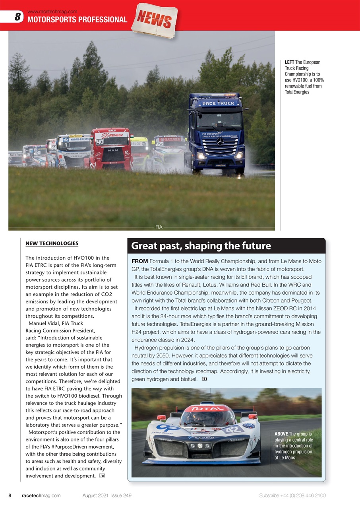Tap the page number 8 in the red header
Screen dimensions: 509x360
click(x=17, y=17)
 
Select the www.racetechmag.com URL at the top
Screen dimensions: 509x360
click(x=52, y=12)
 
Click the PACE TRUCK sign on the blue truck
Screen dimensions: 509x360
click(x=218, y=103)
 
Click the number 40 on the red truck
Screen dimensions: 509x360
click(x=99, y=142)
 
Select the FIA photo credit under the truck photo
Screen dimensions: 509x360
click(x=159, y=227)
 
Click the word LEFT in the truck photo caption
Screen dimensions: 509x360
click(x=289, y=62)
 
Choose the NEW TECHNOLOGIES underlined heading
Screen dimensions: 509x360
click(x=52, y=243)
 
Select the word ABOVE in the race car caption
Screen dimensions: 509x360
click(x=282, y=434)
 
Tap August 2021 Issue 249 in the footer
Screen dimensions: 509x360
click(x=107, y=495)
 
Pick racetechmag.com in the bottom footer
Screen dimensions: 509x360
click(x=41, y=495)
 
